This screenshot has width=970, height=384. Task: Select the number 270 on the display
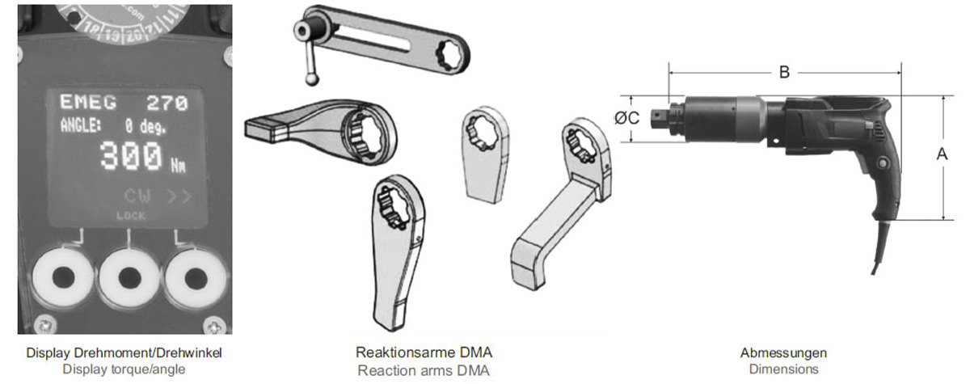[x=167, y=103]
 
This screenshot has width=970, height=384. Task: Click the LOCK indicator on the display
[x=130, y=216]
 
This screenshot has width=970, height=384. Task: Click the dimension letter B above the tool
[x=784, y=73]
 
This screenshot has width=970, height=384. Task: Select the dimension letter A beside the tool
[x=942, y=155]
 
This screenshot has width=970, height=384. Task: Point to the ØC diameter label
[x=627, y=118]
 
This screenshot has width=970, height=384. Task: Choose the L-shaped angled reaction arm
[x=558, y=206]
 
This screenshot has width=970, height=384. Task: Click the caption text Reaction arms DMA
[x=424, y=369]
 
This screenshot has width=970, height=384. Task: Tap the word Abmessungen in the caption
[x=783, y=353]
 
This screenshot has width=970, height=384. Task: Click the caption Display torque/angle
[x=124, y=369]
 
